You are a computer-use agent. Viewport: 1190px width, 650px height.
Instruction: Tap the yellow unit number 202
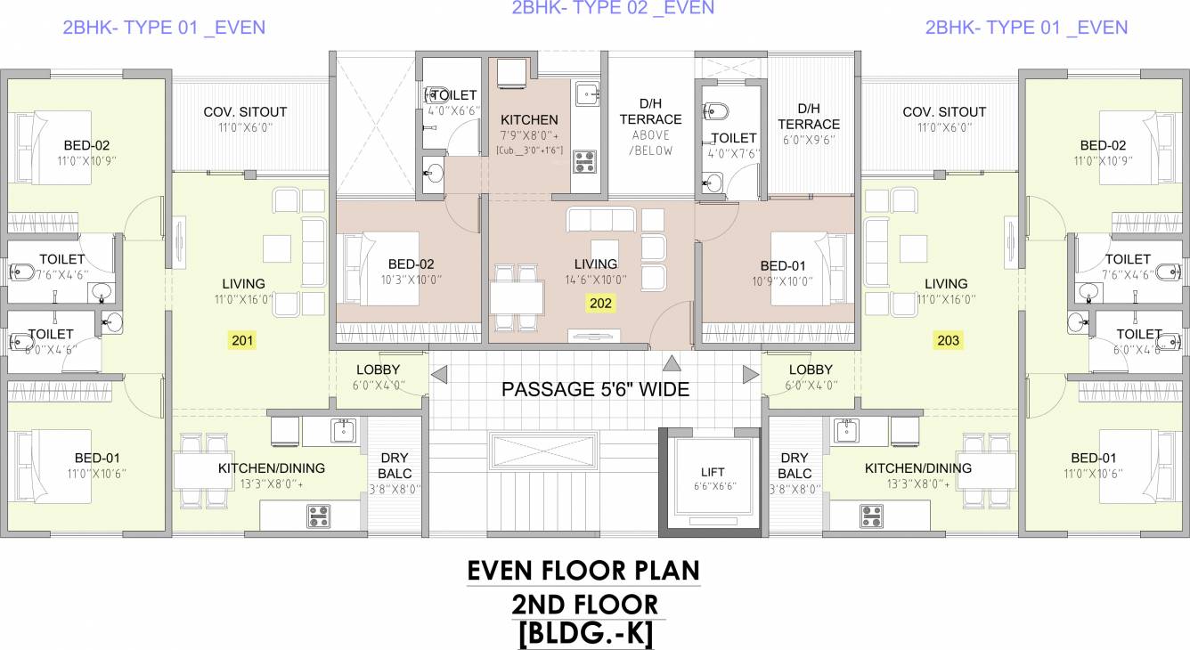pos(600,303)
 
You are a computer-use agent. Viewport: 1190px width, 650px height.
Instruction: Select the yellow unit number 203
pos(947,339)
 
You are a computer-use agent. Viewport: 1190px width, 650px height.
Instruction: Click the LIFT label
pos(713,472)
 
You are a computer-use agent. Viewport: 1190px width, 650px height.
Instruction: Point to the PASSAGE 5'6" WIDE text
pos(595,389)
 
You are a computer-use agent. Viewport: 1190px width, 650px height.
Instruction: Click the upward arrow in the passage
pos(672,362)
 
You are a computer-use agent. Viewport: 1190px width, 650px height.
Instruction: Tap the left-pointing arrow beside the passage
pos(439,374)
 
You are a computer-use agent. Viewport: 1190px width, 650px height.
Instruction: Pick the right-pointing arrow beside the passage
pos(751,374)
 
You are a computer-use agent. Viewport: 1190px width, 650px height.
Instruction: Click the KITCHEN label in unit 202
pos(529,119)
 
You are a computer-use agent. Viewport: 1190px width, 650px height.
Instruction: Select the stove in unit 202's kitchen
pos(584,161)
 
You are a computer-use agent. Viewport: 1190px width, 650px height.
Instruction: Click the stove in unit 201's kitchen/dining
pos(318,515)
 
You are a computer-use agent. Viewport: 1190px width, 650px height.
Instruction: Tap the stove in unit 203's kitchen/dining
pos(872,515)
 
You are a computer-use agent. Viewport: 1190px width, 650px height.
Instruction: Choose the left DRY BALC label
pos(395,466)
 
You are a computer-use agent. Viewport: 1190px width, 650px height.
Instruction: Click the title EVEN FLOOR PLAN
pos(583,570)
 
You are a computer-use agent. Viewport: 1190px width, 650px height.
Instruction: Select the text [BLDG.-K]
pos(584,634)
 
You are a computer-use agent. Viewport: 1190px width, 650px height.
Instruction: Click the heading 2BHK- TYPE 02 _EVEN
pos(613,8)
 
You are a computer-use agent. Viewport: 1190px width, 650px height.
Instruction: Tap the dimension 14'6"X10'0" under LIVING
pos(595,279)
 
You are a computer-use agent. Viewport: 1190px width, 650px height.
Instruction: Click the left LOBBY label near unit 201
pos(378,370)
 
